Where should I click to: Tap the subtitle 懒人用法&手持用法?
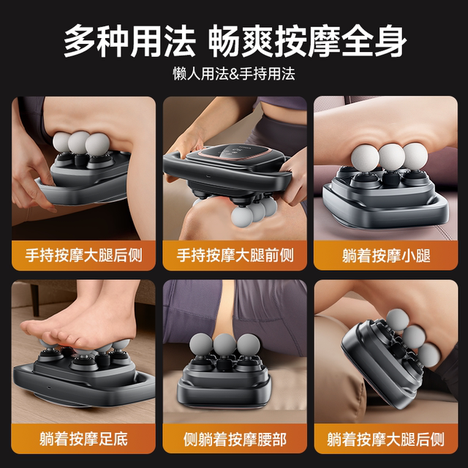point(234,75)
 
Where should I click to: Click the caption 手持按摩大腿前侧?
point(234,256)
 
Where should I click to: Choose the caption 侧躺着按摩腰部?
point(234,439)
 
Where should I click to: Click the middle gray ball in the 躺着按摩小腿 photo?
point(390,156)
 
